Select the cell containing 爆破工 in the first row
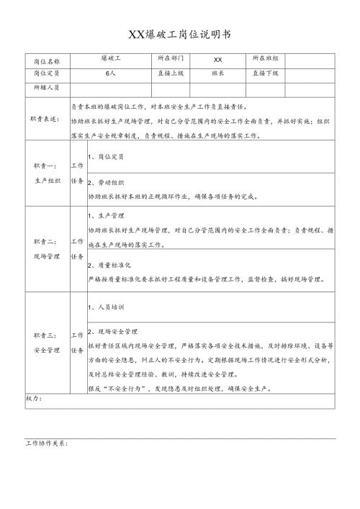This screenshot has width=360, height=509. [x=110, y=58]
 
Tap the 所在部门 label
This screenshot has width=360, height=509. [x=171, y=58]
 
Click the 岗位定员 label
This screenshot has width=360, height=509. [x=48, y=73]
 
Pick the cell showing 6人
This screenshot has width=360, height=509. [x=110, y=73]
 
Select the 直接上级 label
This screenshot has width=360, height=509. [x=171, y=73]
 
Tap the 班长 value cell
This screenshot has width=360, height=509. [x=219, y=73]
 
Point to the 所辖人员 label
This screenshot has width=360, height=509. [x=48, y=87]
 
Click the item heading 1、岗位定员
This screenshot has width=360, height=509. [x=106, y=156]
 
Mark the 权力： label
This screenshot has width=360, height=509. [x=34, y=398]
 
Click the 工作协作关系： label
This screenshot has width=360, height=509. [x=47, y=443]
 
